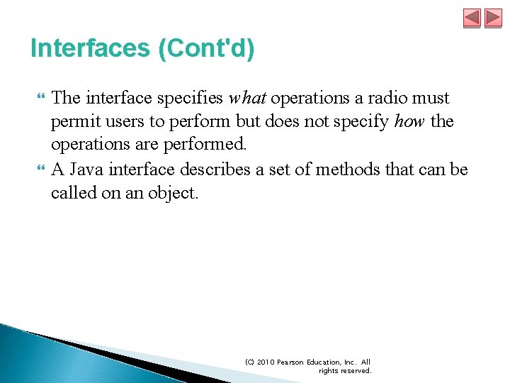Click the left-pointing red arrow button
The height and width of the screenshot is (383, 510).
(x=472, y=18)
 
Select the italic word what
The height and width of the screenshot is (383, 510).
(x=248, y=98)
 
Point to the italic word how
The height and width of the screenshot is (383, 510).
(x=409, y=122)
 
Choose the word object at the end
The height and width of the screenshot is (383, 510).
(x=172, y=194)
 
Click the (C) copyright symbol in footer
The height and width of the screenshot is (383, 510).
(x=250, y=362)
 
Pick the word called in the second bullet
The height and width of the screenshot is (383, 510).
(x=73, y=194)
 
